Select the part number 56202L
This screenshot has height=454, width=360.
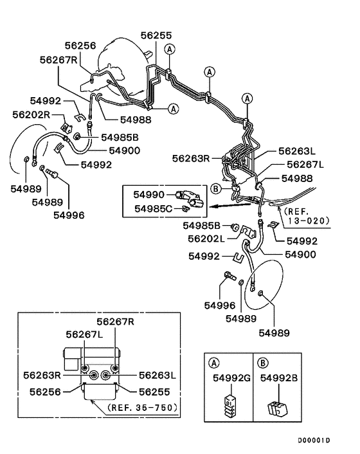coord(205,238)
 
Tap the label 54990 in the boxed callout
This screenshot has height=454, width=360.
coord(149,194)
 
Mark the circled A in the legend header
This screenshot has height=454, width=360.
coord(214,361)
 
